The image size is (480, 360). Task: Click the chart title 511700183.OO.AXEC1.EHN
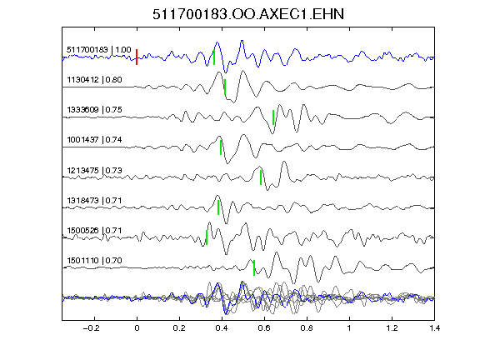(248, 14)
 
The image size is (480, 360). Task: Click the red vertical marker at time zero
(137, 57)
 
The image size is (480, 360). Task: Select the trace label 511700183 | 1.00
(99, 50)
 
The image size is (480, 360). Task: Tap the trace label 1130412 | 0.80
(95, 80)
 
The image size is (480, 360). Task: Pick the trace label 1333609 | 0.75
(95, 110)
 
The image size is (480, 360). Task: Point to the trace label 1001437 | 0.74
(95, 140)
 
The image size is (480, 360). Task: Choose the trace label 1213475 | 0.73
(95, 170)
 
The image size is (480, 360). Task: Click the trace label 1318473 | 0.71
(95, 201)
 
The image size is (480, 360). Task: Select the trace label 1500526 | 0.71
(95, 230)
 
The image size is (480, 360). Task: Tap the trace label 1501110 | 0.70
(95, 261)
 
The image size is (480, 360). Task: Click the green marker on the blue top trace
(214, 57)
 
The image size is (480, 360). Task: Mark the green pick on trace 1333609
(273, 117)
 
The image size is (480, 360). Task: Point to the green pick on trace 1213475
(261, 177)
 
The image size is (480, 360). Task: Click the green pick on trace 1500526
(207, 237)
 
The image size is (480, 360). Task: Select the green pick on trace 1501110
(254, 267)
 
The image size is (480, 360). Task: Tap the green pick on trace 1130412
(225, 87)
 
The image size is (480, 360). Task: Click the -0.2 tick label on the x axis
(91, 328)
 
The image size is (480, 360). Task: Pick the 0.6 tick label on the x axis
(264, 328)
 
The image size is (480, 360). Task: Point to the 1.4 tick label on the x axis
(434, 328)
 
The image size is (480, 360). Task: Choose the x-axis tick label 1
(349, 328)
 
